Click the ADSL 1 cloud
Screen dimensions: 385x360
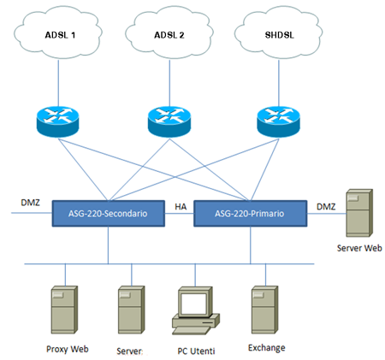click(x=58, y=32)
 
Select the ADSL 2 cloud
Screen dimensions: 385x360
click(x=169, y=32)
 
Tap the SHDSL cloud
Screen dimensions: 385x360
click(x=279, y=32)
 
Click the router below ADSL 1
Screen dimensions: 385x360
click(x=58, y=121)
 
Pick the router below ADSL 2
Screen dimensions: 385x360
click(x=169, y=121)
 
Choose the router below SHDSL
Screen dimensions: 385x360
click(x=279, y=121)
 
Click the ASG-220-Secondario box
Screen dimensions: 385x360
click(x=109, y=214)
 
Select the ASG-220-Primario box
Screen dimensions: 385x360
click(x=251, y=214)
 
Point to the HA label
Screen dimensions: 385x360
click(x=181, y=207)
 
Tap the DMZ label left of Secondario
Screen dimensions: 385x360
click(x=30, y=203)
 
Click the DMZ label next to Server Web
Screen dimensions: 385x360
click(x=326, y=207)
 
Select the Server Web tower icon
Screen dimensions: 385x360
click(x=359, y=213)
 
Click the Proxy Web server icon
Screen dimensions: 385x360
click(x=64, y=310)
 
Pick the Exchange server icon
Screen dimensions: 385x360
click(x=264, y=310)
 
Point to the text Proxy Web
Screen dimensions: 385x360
click(x=68, y=349)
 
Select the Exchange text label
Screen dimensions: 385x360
click(x=267, y=348)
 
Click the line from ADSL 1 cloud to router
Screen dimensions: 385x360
click(x=58, y=83)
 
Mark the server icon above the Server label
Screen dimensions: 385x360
click(x=132, y=310)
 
